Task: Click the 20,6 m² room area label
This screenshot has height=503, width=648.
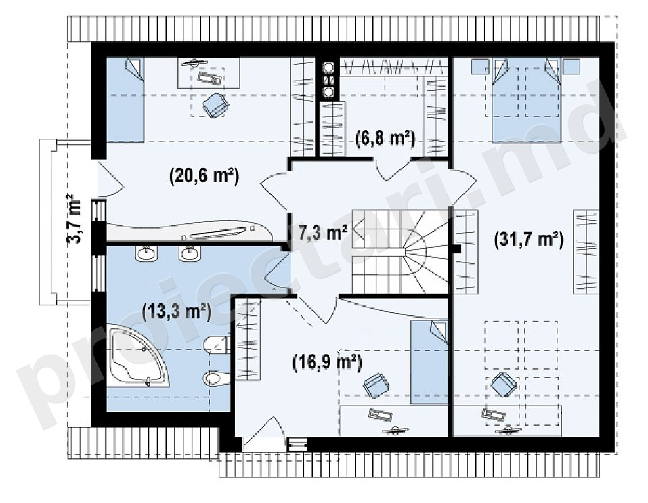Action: (204, 177)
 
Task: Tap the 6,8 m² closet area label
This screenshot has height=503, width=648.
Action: (385, 139)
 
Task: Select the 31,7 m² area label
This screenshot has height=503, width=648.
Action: (529, 240)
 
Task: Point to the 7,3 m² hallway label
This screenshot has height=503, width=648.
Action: (322, 233)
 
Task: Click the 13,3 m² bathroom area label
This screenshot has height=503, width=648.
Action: (177, 311)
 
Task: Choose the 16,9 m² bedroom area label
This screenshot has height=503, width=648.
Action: (327, 362)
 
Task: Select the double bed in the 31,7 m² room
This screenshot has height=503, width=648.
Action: (526, 100)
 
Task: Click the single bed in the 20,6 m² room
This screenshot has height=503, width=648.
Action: (125, 100)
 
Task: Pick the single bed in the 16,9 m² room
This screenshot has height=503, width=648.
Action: (429, 362)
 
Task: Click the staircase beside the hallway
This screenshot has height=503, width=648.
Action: (399, 251)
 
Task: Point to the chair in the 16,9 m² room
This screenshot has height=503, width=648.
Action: (376, 385)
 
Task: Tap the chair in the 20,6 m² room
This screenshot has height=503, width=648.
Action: (215, 105)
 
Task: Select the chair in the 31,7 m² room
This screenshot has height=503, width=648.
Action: (504, 385)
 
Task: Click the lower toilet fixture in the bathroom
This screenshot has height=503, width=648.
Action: (217, 378)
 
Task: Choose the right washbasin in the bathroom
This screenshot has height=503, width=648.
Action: (190, 253)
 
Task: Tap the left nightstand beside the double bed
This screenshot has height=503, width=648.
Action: (480, 66)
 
